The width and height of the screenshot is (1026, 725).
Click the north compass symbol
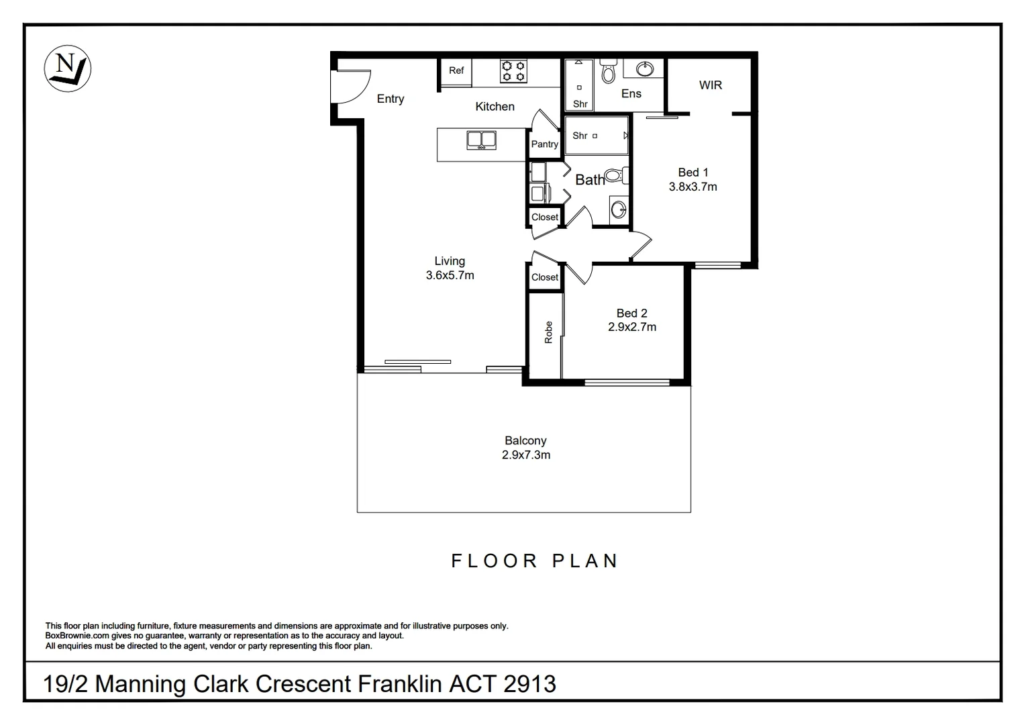coord(67,68)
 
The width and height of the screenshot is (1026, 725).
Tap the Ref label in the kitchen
coord(456,70)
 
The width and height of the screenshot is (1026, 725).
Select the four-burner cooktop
coord(513,71)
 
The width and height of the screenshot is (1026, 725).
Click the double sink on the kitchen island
coord(481,140)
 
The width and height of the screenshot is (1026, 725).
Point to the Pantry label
coord(545,144)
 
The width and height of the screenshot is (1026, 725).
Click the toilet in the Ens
coord(608,71)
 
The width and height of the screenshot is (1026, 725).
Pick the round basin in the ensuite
coord(645,69)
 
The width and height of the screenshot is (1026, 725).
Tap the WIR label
coord(711,85)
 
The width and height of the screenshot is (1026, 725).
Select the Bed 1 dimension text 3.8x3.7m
coord(693,187)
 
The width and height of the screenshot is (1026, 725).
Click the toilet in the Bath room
coord(616,175)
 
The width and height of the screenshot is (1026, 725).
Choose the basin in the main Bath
coord(619,210)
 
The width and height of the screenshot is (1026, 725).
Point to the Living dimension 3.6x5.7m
coord(450,275)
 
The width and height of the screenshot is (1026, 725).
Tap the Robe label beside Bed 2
coord(548,332)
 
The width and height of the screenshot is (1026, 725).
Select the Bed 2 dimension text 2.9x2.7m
coord(632,327)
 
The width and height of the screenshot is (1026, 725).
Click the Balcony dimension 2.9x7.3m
coord(526,454)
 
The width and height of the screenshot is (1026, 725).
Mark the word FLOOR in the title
coord(495,561)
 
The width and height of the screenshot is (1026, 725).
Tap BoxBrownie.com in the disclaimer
coord(77,636)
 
